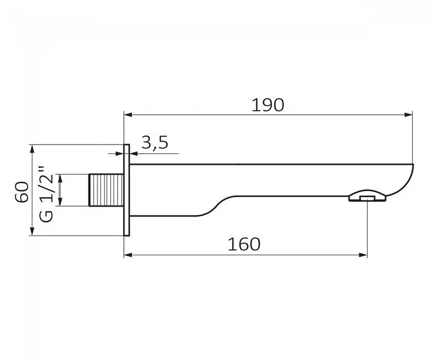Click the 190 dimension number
coord(268,105)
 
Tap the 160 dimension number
coord(244,244)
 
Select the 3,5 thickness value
coord(155,143)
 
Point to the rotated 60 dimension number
coord(22,192)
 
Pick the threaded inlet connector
coord(106,190)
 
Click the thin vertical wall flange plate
coord(126,190)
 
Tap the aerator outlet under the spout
coord(367,196)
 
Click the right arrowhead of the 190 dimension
coord(408,115)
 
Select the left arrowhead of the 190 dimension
coord(128,115)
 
